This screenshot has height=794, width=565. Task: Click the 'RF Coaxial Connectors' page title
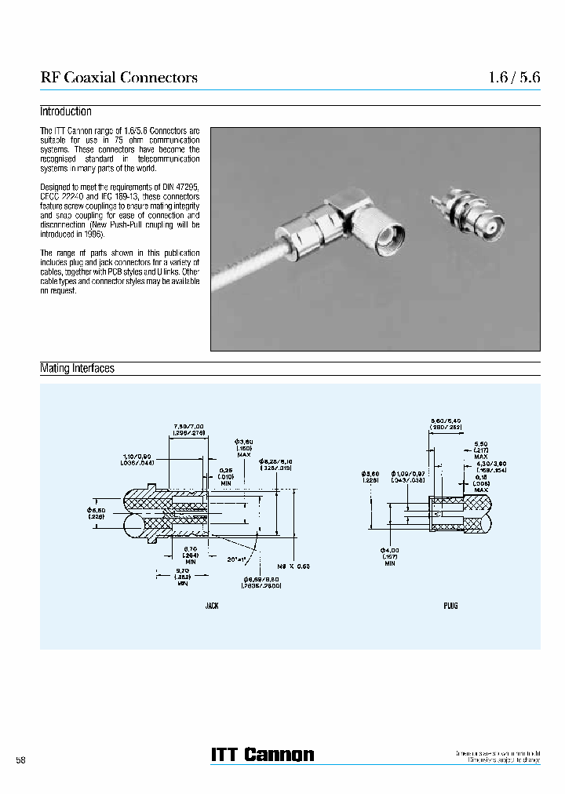tap(118, 77)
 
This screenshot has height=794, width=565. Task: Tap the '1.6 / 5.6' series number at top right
tap(514, 77)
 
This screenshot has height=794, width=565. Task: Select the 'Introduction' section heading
tap(66, 112)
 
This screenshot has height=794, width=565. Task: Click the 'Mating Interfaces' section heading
tap(77, 368)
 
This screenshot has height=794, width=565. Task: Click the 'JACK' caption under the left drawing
tap(212, 606)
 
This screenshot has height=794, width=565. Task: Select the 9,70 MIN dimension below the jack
tap(182, 576)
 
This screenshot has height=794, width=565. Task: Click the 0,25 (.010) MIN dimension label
tap(226, 476)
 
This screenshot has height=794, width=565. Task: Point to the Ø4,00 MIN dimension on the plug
tap(389, 552)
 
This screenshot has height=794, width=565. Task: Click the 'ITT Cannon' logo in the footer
tap(262, 754)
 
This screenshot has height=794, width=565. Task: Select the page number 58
tap(21, 761)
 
